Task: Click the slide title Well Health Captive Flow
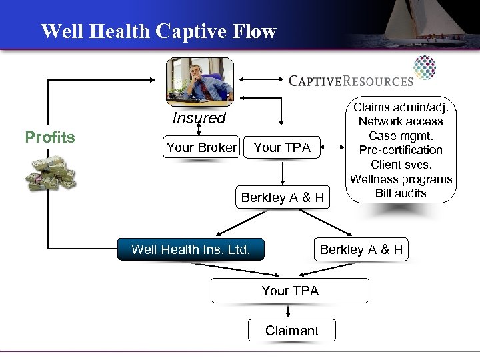pos(158,31)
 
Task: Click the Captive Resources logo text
pos(351,81)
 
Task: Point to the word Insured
pos(199,119)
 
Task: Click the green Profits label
pos(49,137)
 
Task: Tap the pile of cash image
pos(51,175)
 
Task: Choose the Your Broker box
pos(201,147)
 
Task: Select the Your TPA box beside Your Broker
pos(283,147)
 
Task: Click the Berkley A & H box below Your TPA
pos(283,197)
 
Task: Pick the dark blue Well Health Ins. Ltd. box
pos(191,250)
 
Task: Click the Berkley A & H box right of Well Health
pos(361,250)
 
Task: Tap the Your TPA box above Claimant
pos(290,291)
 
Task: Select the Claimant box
pos(291,330)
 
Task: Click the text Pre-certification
pos(401,150)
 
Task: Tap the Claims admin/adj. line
pos(401,107)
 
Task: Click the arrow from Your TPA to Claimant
pos(289,311)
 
